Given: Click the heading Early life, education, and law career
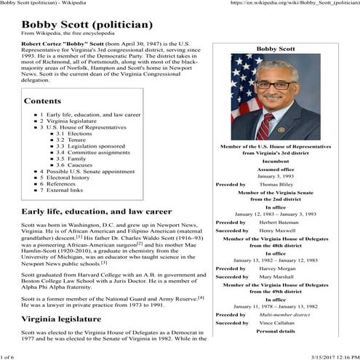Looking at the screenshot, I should [91, 211].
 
